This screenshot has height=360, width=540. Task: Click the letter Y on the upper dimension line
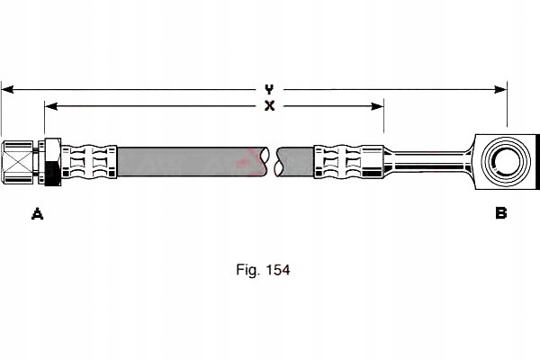point(269,89)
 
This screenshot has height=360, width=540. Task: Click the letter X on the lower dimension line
point(269,106)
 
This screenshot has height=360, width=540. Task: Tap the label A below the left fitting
point(37,213)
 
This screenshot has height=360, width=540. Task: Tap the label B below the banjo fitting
point(500,213)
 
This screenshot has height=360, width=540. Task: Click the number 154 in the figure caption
point(276,269)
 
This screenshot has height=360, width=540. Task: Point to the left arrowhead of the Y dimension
point(5,89)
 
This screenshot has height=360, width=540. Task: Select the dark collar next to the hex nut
point(53,163)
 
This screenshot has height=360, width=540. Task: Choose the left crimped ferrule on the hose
point(90,162)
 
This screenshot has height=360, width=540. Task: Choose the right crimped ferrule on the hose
point(342,162)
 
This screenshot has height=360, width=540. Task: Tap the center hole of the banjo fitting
point(501,162)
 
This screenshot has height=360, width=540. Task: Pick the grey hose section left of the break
point(189,162)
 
